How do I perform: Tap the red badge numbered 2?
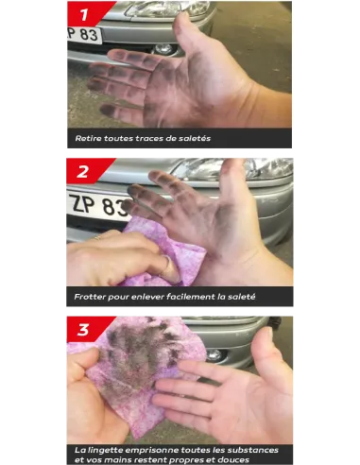tap(86, 171)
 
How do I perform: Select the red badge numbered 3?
tap(86, 329)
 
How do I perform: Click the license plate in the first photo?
tap(84, 35)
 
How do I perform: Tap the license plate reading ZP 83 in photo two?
tap(98, 205)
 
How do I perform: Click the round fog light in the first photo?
tap(164, 49)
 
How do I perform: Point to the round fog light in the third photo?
tap(214, 355)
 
